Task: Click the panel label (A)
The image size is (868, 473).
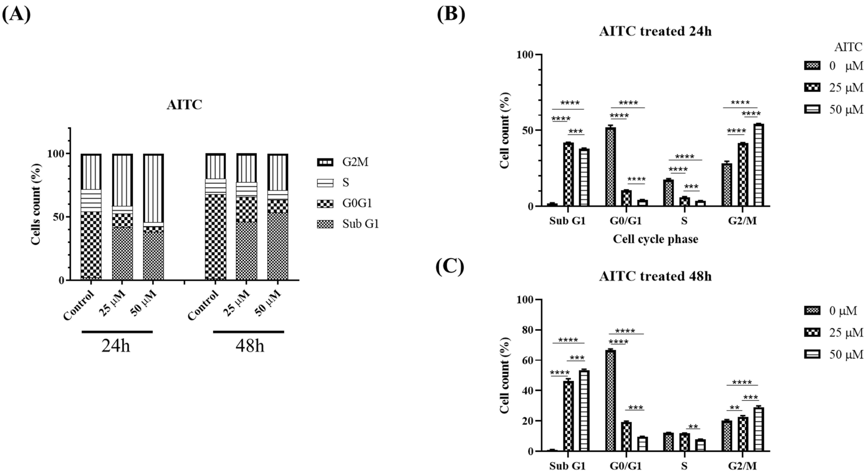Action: (16, 14)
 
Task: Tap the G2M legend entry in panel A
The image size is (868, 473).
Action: (348, 162)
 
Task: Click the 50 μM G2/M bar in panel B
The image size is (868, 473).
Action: (758, 165)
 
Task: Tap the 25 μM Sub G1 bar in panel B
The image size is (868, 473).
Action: (568, 174)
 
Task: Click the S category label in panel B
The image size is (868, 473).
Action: (684, 221)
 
